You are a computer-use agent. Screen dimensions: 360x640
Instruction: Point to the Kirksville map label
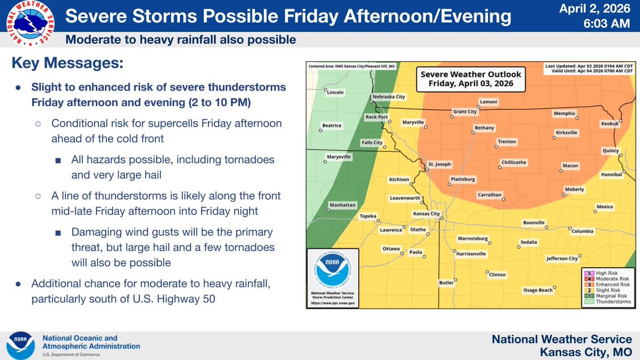point(566,132)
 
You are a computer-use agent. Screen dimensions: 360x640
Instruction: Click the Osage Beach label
point(538,290)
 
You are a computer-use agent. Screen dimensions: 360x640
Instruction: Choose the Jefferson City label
point(562,259)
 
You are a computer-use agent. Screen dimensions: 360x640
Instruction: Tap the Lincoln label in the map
point(335,92)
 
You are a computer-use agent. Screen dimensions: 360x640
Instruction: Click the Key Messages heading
point(67,63)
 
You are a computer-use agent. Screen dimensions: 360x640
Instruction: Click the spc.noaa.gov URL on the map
point(332,303)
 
